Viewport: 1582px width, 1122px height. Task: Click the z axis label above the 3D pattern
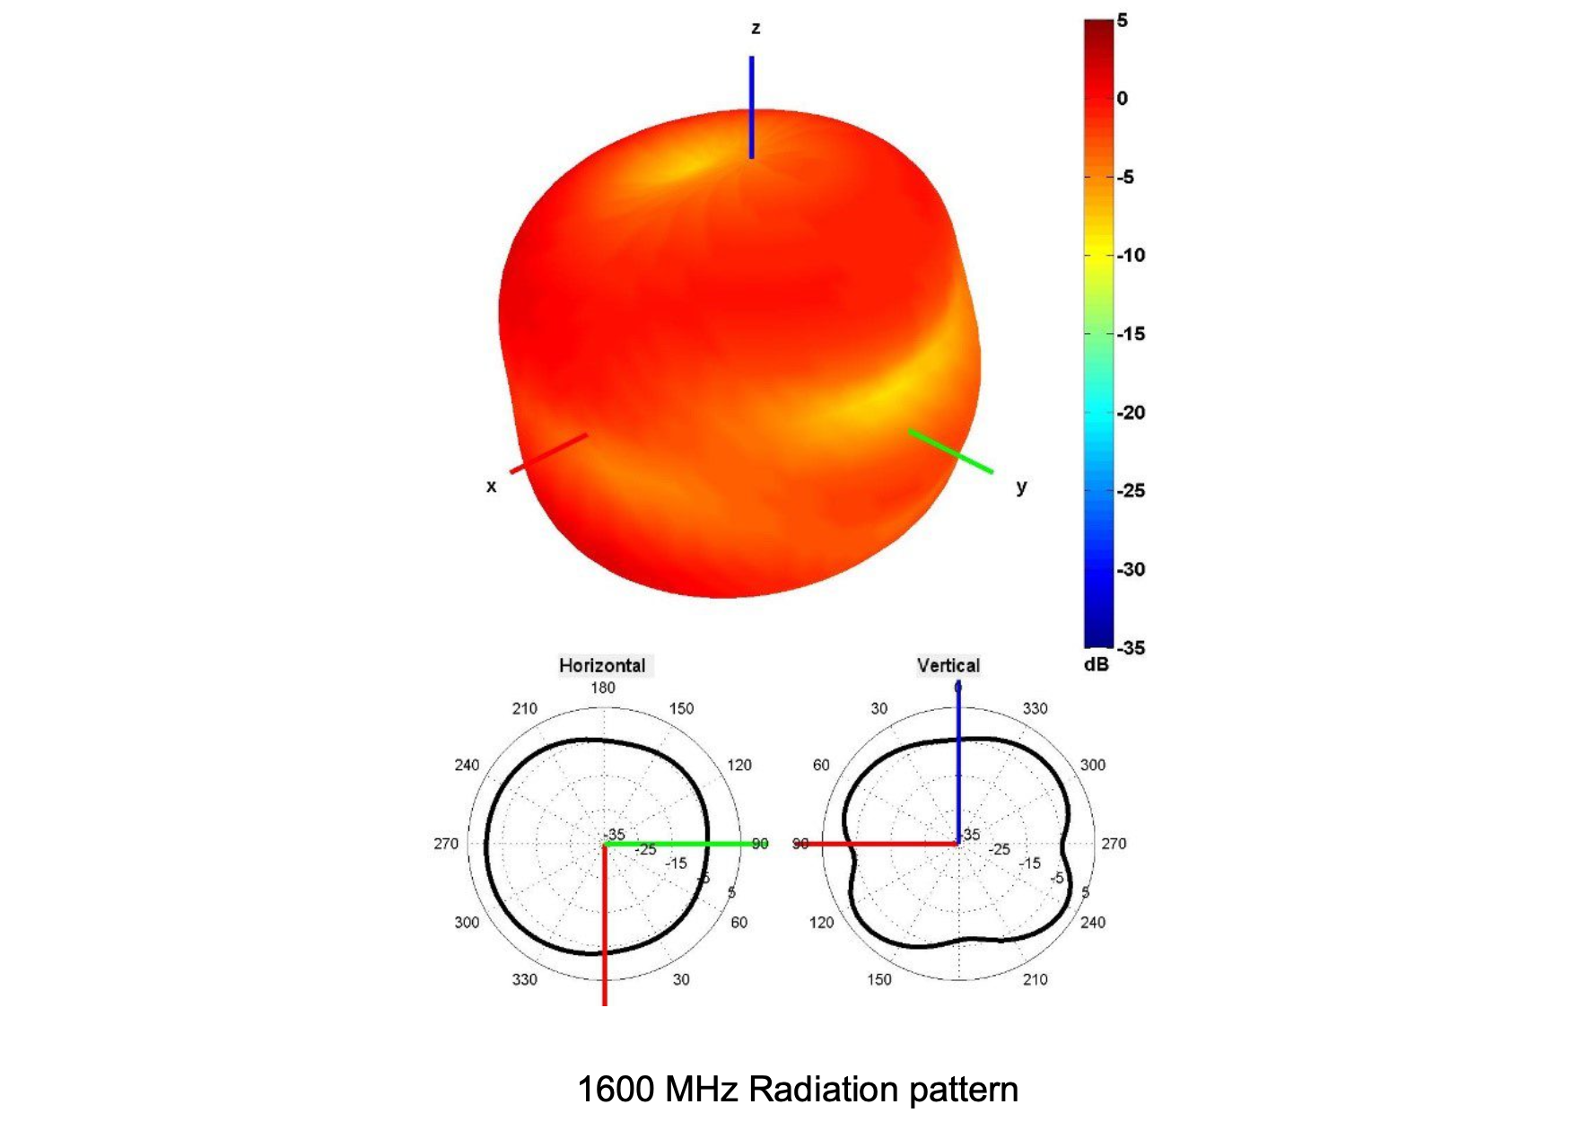pyautogui.click(x=756, y=29)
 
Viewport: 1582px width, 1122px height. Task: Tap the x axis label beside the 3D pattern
pyautogui.click(x=491, y=486)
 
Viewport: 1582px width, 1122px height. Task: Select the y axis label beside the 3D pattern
pyautogui.click(x=1021, y=486)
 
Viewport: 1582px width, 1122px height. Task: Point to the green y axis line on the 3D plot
pyautogui.click(x=951, y=451)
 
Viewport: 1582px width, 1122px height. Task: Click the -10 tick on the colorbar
pyautogui.click(x=1132, y=256)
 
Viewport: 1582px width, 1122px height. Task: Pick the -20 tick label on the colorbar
pyautogui.click(x=1132, y=413)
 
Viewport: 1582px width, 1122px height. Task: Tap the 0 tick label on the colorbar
pyautogui.click(x=1122, y=99)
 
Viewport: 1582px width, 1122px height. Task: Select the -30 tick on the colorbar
pyautogui.click(x=1132, y=569)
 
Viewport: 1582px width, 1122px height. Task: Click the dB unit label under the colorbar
pyautogui.click(x=1097, y=665)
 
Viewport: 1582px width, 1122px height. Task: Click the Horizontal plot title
pyautogui.click(x=602, y=666)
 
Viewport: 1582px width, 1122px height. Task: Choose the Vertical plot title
pyautogui.click(x=948, y=666)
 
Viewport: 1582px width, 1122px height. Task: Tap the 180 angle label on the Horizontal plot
pyautogui.click(x=603, y=688)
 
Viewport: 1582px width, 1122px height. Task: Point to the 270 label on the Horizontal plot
pyautogui.click(x=446, y=844)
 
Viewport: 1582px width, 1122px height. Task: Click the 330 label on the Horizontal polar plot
pyautogui.click(x=525, y=979)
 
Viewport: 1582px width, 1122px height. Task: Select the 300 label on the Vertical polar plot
pyautogui.click(x=1093, y=765)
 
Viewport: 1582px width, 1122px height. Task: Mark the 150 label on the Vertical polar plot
pyautogui.click(x=879, y=979)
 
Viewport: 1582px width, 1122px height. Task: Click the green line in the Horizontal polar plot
pyautogui.click(x=682, y=844)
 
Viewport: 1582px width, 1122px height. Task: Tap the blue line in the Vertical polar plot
pyautogui.click(x=958, y=763)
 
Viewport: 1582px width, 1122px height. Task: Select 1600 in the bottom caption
pyautogui.click(x=616, y=1090)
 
